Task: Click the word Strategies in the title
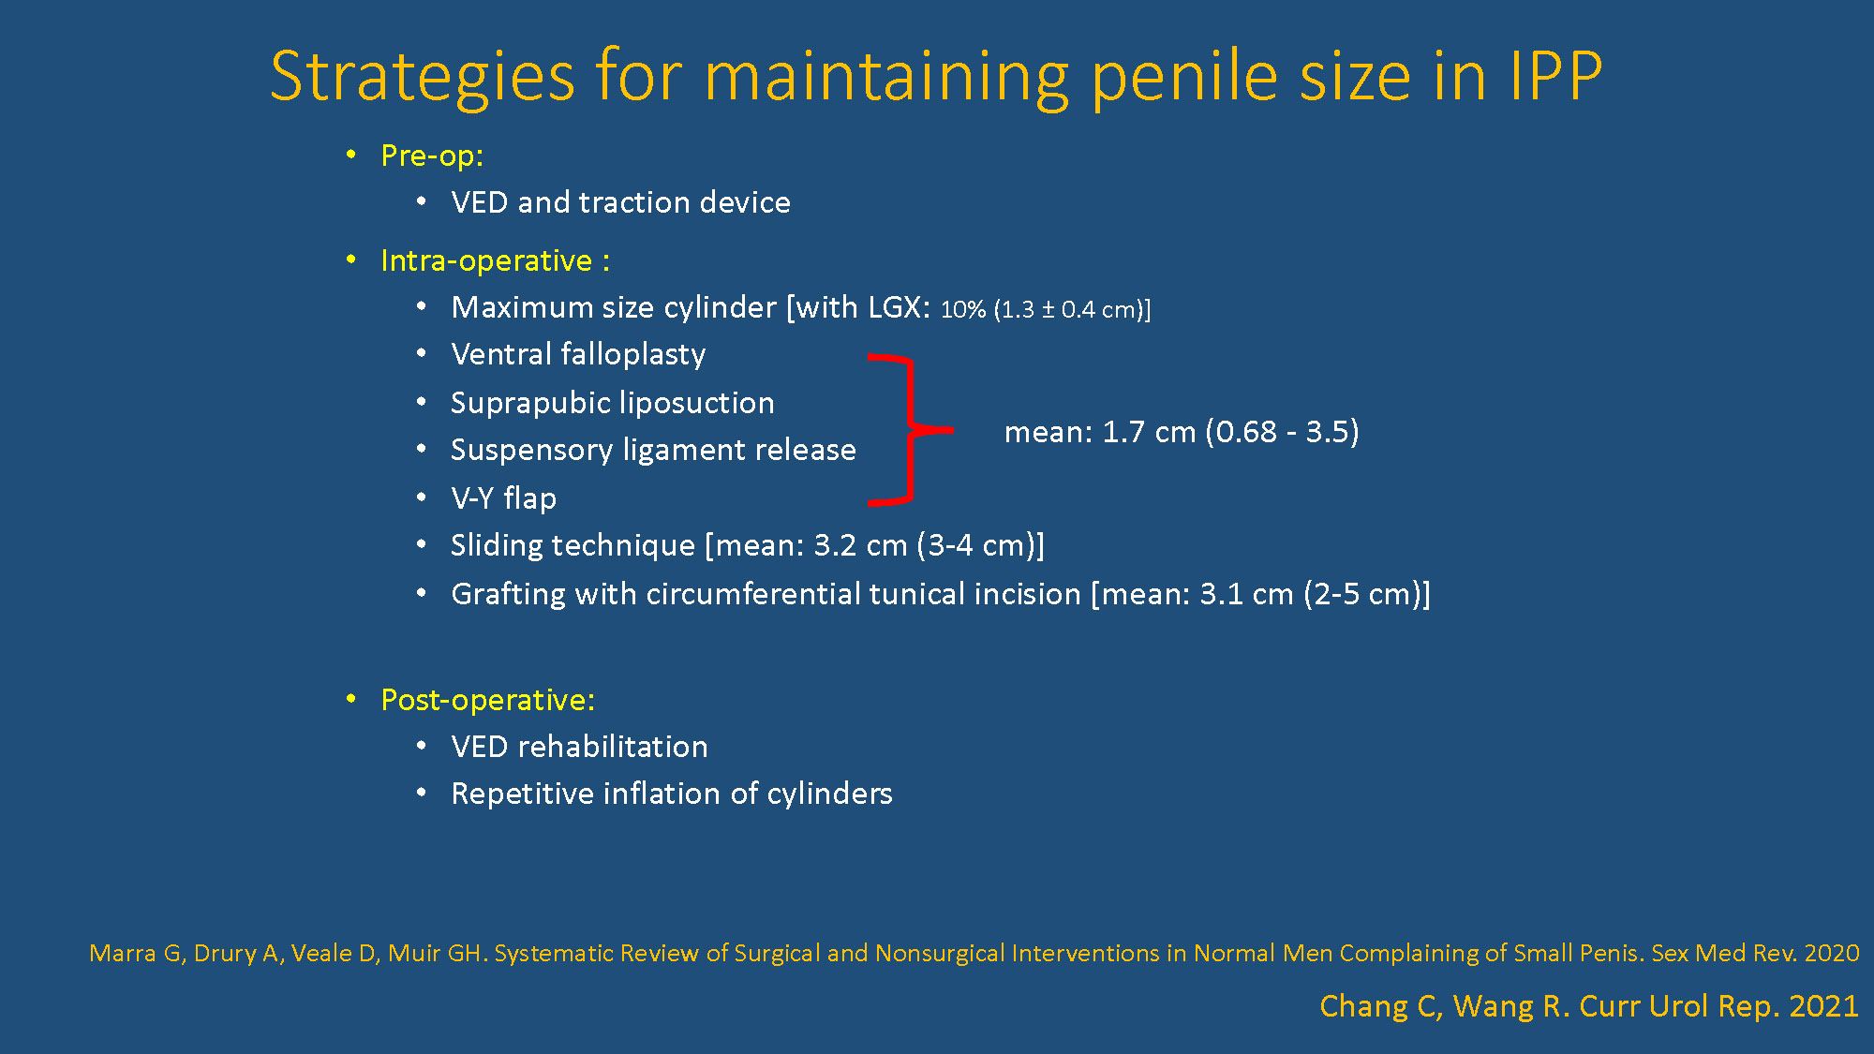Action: click(x=423, y=77)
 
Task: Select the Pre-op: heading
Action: click(x=432, y=156)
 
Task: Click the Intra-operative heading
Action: click(x=496, y=260)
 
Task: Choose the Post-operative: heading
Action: click(x=487, y=700)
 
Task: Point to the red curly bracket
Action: click(x=910, y=430)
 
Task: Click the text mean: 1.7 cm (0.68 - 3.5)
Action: click(x=1182, y=432)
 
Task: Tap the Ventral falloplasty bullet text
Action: click(x=578, y=354)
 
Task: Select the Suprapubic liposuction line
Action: click(x=613, y=403)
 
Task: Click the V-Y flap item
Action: click(x=504, y=498)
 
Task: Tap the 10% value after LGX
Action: click(x=963, y=310)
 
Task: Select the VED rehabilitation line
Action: click(x=579, y=747)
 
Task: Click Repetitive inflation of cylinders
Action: click(x=672, y=794)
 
